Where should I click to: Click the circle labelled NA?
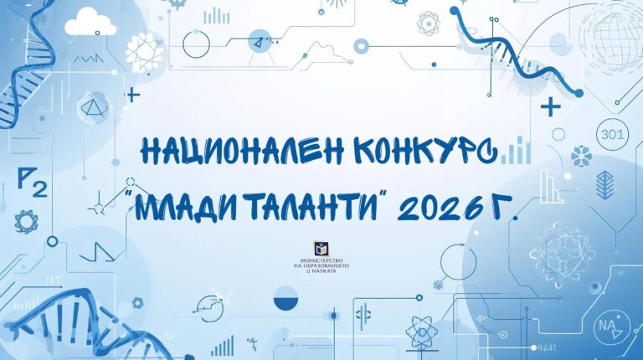pyautogui.click(x=607, y=325)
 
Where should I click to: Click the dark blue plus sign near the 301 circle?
pyautogui.click(x=550, y=106)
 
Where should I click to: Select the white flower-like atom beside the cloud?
pyautogui.click(x=144, y=49)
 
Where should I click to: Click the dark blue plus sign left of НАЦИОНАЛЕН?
pyautogui.click(x=133, y=95)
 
